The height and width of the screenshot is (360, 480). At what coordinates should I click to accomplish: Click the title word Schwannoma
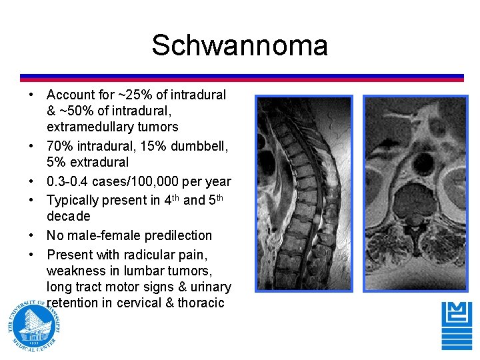click(x=239, y=46)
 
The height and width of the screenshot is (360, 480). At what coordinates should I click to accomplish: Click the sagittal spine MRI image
click(x=304, y=195)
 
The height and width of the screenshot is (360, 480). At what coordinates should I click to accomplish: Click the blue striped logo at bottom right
click(x=457, y=325)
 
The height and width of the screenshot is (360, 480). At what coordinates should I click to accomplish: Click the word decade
click(x=68, y=217)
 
